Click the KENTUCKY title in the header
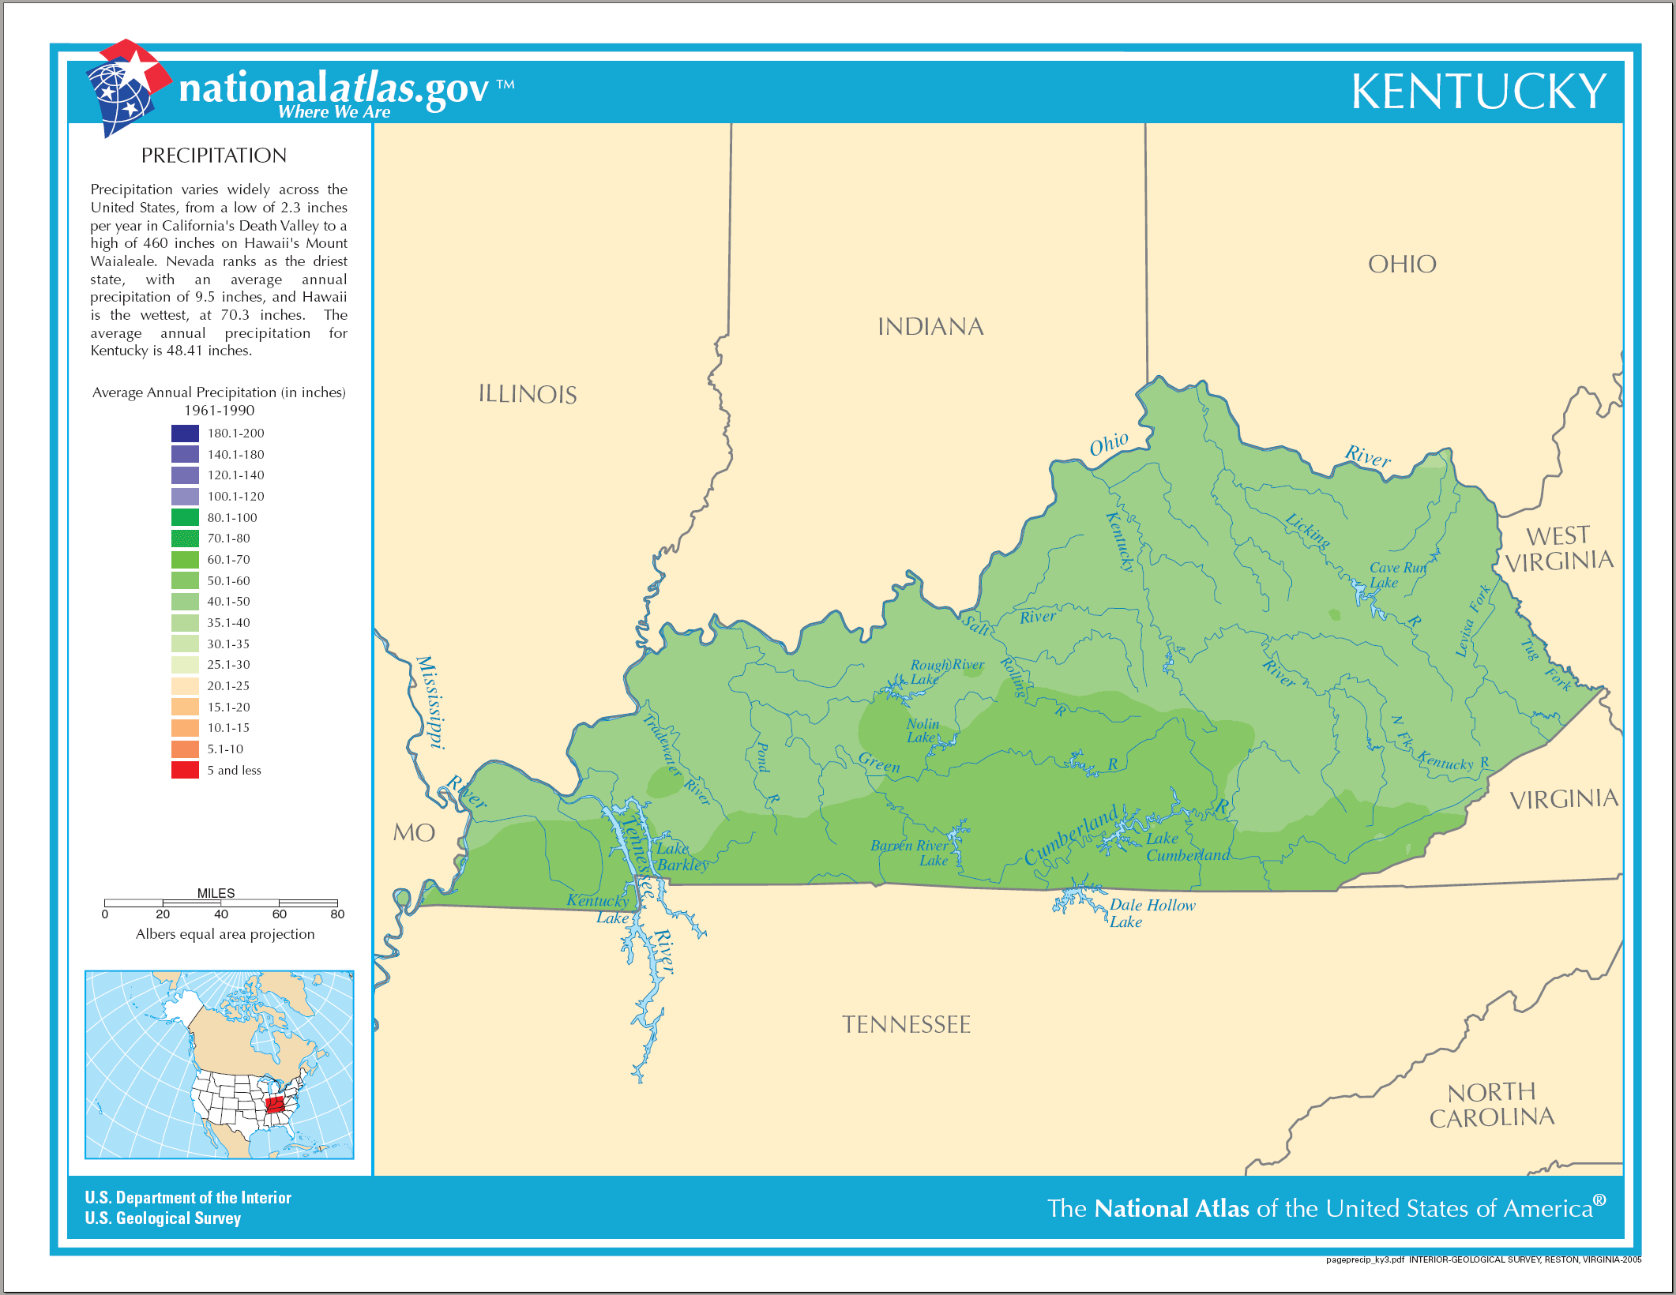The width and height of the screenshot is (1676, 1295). tap(1479, 92)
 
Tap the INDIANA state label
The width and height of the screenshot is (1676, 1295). tap(930, 327)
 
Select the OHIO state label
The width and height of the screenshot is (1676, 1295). tap(1402, 265)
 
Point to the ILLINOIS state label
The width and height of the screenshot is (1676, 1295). tap(528, 394)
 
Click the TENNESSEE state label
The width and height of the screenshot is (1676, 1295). tap(906, 1025)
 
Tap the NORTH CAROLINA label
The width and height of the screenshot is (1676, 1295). tap(1491, 1105)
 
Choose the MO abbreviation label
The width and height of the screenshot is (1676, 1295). tap(414, 832)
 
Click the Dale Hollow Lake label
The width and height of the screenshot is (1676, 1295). tap(1151, 913)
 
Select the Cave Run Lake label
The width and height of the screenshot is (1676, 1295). tap(1396, 575)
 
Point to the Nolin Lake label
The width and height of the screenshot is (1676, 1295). tap(922, 730)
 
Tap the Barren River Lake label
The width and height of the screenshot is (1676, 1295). tap(911, 853)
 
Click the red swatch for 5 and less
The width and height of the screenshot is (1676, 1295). tap(185, 770)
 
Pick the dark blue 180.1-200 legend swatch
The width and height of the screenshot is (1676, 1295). tap(185, 434)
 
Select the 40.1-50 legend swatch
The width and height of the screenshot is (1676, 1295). tap(185, 602)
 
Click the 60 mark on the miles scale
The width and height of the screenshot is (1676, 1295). tap(280, 914)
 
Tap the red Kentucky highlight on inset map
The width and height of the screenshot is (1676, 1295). tap(275, 1105)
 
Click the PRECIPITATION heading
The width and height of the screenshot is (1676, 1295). tap(213, 156)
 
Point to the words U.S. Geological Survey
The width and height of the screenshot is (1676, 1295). tap(163, 1218)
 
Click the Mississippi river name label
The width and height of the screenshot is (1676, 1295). tap(430, 701)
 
